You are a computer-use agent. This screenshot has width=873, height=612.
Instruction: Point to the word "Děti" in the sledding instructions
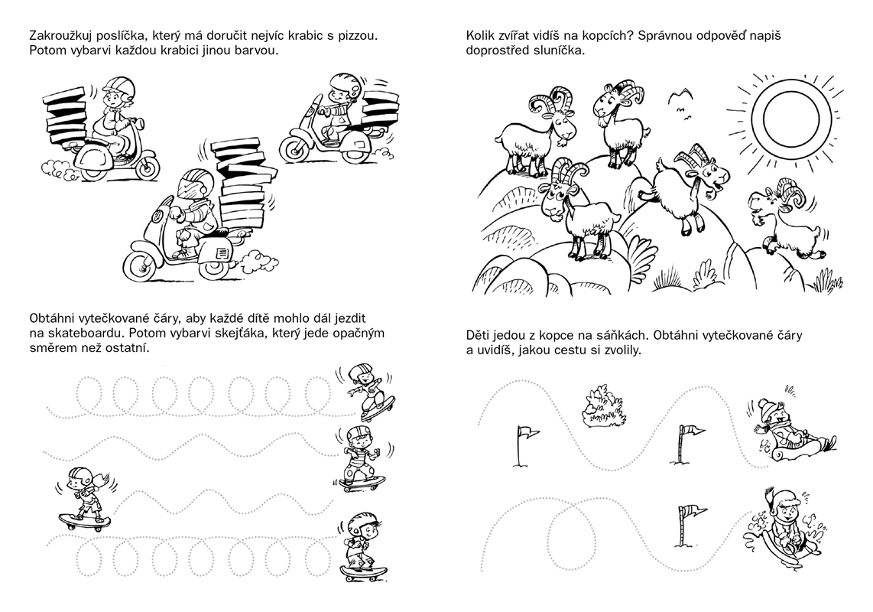(478, 336)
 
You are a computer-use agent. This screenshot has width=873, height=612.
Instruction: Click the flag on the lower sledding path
(691, 525)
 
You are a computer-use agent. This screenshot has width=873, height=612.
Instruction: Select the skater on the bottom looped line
(364, 547)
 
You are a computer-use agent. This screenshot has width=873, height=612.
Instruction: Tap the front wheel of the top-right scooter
(297, 147)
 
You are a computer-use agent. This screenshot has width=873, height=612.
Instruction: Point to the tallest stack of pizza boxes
(242, 184)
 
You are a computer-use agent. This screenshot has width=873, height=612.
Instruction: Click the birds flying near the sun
(683, 103)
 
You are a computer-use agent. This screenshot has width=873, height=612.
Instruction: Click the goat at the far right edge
(785, 218)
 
